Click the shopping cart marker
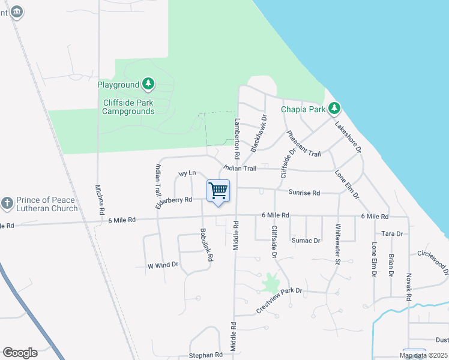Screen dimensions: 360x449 218,191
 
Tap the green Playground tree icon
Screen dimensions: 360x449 148,85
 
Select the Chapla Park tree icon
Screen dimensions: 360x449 334,109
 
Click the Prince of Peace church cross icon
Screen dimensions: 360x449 7,202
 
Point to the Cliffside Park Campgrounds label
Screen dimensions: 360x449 128,107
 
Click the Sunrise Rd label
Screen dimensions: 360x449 304,193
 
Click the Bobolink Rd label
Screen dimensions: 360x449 206,244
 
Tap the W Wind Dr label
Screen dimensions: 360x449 163,265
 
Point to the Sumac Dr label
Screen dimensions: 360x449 306,241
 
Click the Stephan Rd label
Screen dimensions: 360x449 206,355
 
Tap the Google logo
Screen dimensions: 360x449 20,353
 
